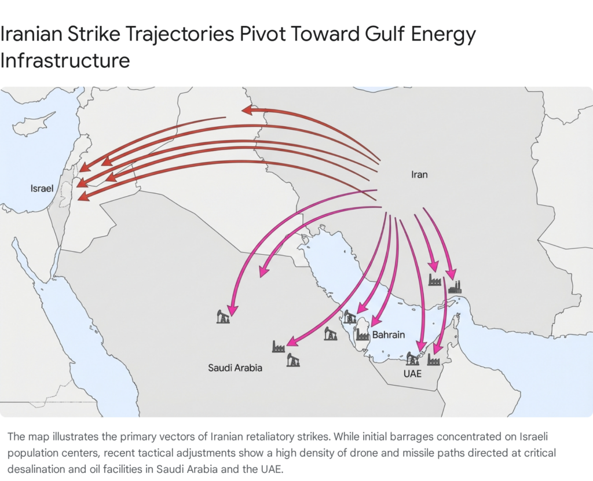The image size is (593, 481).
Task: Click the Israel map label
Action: click(x=42, y=189)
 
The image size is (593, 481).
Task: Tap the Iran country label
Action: click(x=419, y=174)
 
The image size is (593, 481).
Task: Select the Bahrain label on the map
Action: click(x=389, y=335)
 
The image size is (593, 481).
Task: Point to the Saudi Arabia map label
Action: click(x=235, y=368)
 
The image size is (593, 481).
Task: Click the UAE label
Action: click(x=412, y=374)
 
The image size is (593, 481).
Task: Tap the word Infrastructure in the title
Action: click(x=65, y=60)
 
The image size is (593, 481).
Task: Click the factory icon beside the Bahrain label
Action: click(x=363, y=335)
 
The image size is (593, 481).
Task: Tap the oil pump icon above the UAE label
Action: click(x=412, y=358)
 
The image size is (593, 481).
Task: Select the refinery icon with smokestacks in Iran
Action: click(x=455, y=287)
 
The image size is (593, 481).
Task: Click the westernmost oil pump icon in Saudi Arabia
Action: click(x=223, y=316)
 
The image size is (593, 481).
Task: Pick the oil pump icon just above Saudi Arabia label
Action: click(x=293, y=360)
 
